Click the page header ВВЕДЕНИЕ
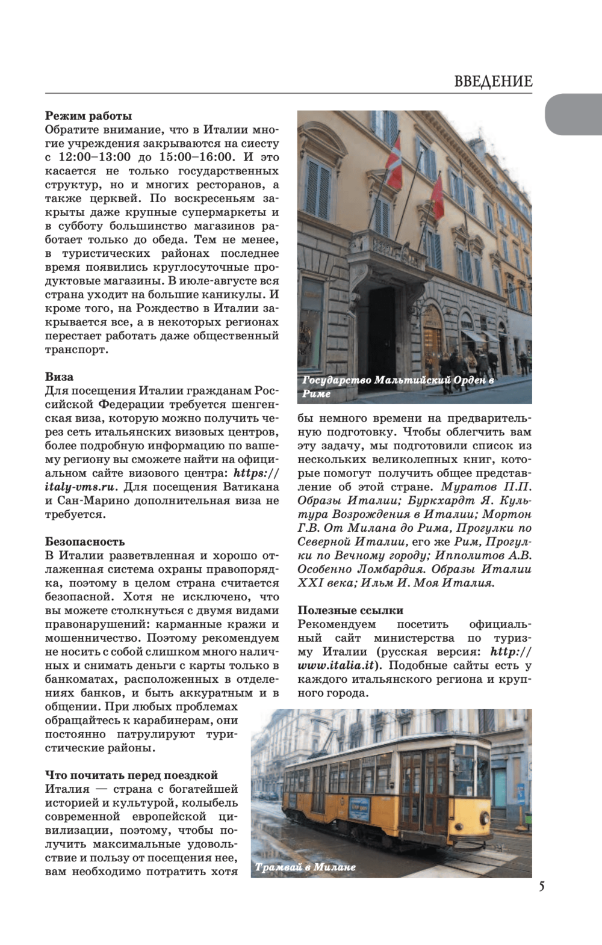tap(493, 82)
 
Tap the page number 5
tap(542, 885)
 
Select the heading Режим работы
tap(88, 116)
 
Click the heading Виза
tap(59, 377)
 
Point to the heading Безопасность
tap(85, 542)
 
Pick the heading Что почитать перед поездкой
tap(131, 775)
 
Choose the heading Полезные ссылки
tap(350, 611)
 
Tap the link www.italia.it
tap(337, 666)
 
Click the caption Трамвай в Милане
tap(305, 867)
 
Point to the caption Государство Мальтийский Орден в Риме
tap(397, 386)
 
